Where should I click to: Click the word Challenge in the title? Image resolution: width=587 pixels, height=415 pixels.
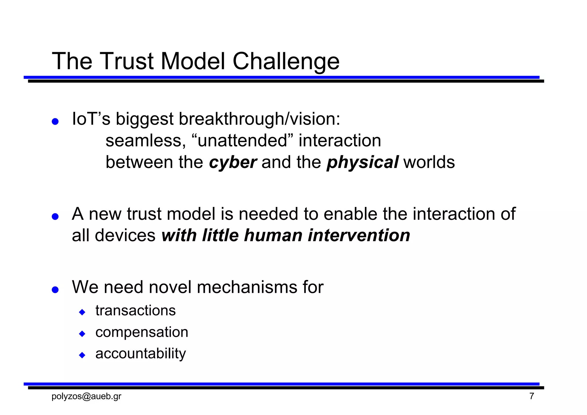[x=286, y=62]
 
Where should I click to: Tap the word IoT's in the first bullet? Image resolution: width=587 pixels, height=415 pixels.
[x=91, y=119]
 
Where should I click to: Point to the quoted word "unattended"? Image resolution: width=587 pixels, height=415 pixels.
[x=242, y=141]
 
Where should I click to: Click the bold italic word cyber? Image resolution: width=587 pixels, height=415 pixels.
[x=232, y=163]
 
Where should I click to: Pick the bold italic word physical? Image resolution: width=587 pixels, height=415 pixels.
[x=362, y=163]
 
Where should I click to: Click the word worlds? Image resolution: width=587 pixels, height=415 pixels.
[x=429, y=162]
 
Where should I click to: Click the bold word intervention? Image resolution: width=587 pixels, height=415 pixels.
[x=359, y=236]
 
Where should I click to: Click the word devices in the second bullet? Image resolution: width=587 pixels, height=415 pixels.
[x=125, y=236]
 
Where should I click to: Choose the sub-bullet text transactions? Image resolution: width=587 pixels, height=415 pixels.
[x=136, y=311]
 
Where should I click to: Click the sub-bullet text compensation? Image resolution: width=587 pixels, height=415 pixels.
[x=142, y=332]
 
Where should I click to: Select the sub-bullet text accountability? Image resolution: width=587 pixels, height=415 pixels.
[x=140, y=354]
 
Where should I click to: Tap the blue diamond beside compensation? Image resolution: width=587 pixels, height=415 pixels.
[x=82, y=334]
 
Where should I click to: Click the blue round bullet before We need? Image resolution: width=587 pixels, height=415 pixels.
[x=55, y=289]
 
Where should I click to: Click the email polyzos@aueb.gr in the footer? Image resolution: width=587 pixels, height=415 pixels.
[x=86, y=396]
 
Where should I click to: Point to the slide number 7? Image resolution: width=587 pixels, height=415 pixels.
[x=532, y=396]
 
